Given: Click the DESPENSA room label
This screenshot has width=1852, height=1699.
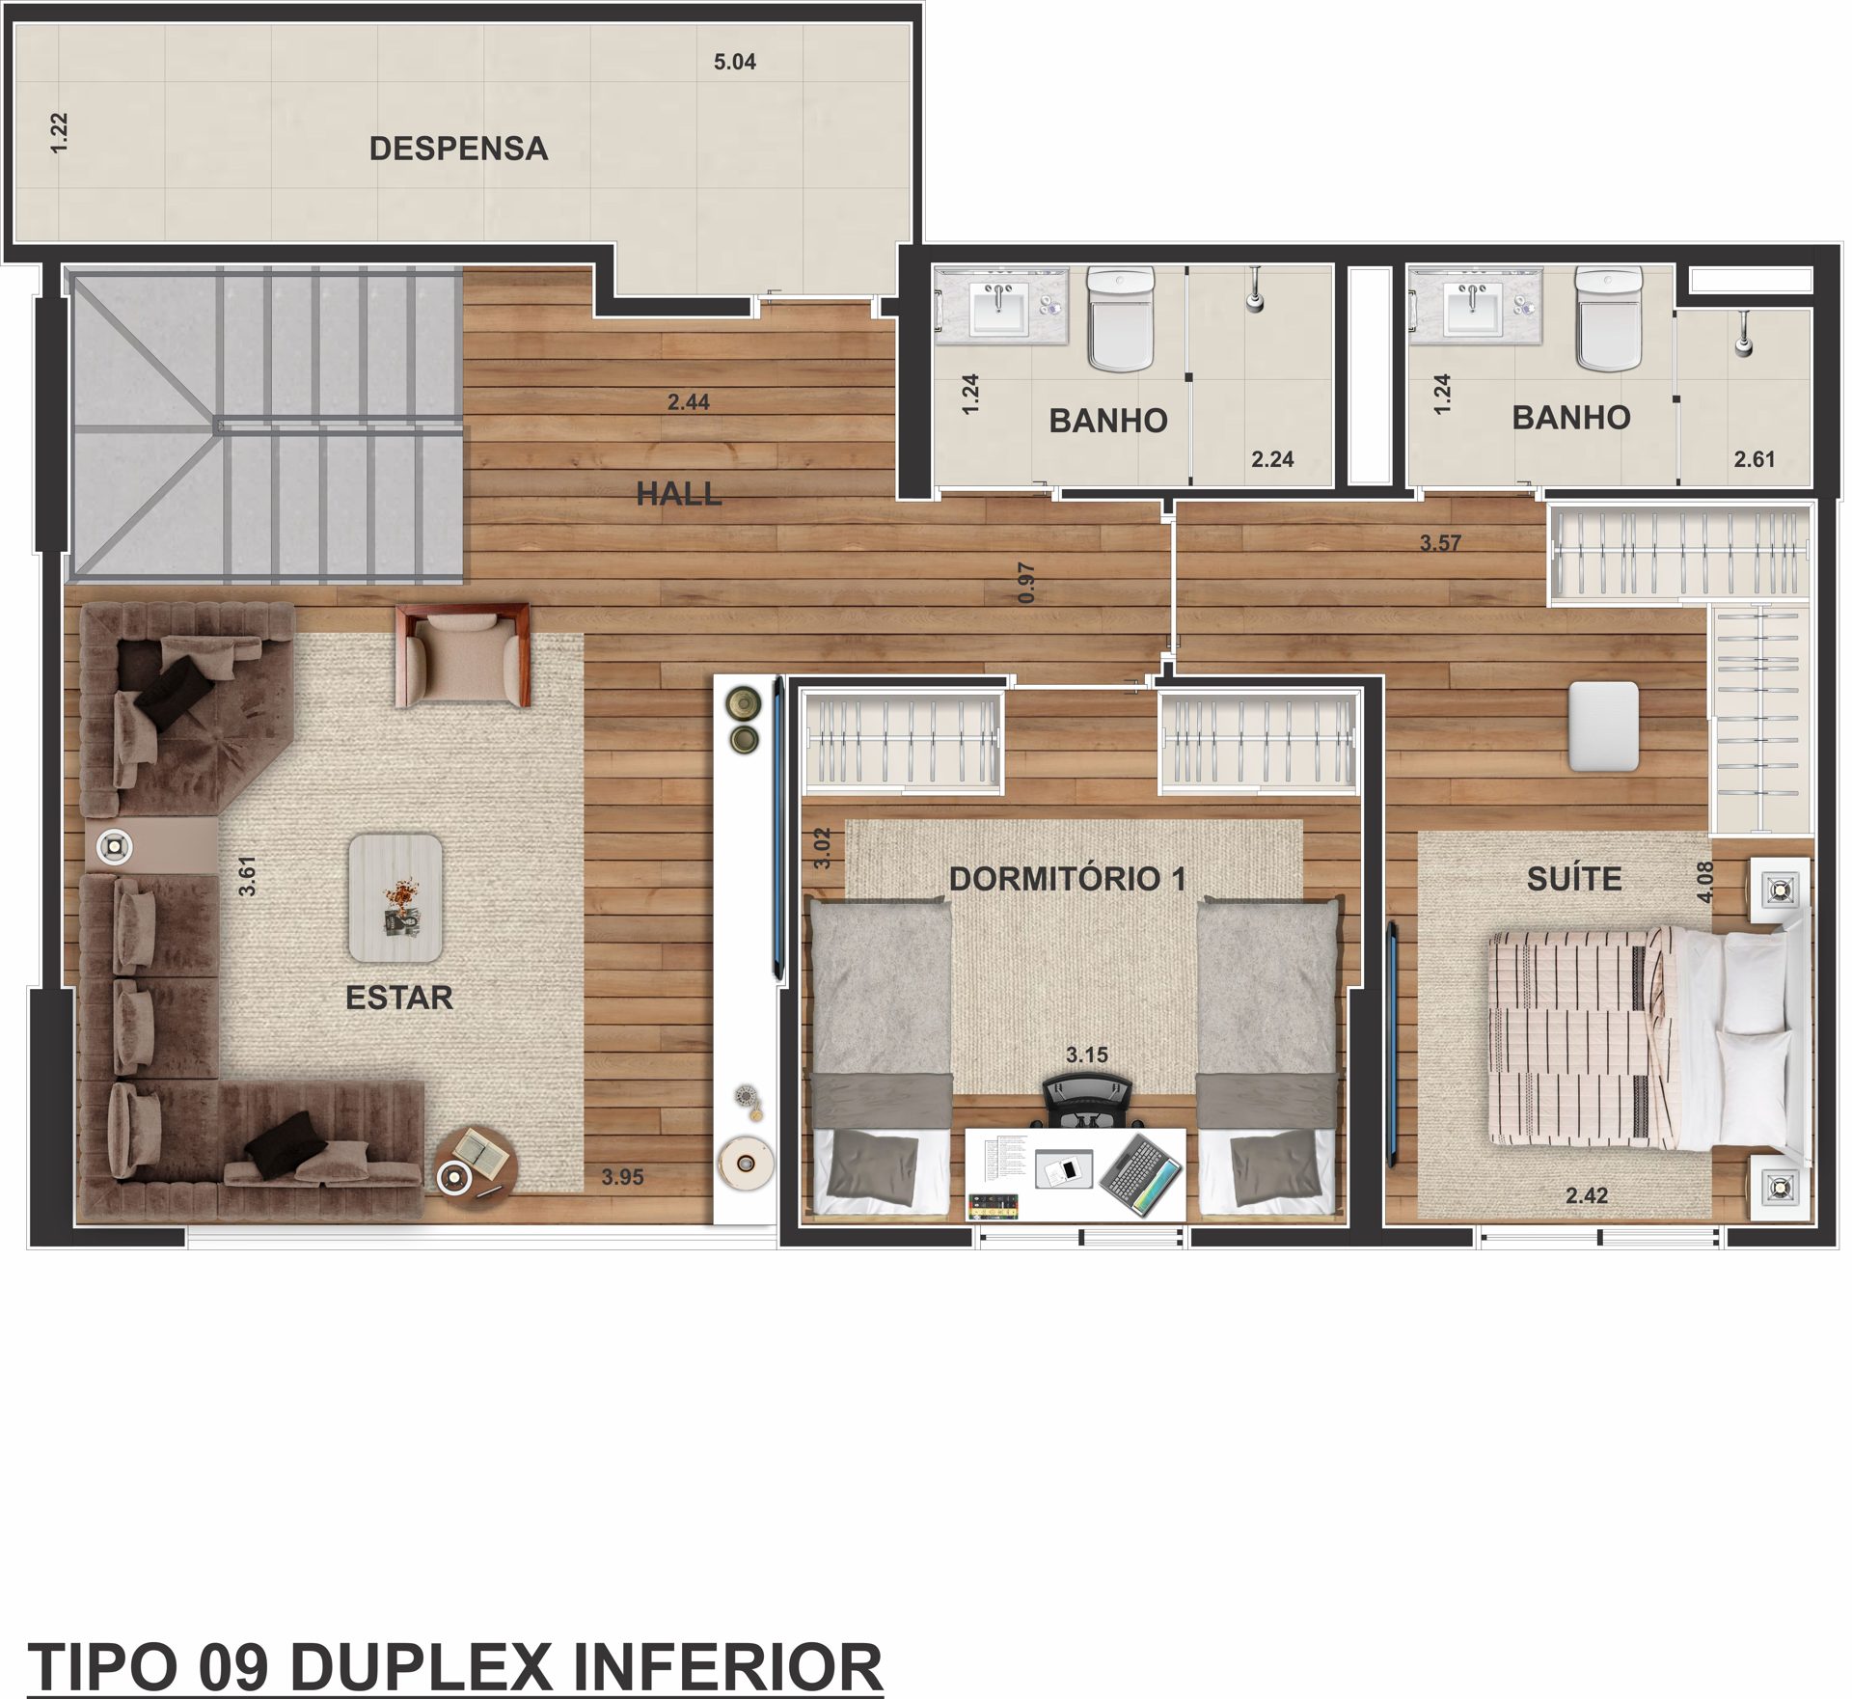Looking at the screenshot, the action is pos(458,149).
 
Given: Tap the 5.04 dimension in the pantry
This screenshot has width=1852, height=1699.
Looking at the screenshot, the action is pos(734,62).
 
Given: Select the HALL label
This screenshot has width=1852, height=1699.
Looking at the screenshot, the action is pos(679,494).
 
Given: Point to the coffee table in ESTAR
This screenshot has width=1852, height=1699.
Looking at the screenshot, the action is pos(395,898).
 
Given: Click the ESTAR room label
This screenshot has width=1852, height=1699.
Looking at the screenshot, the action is pos(399,997).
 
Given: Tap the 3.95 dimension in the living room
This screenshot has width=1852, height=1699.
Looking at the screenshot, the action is pos(622,1177).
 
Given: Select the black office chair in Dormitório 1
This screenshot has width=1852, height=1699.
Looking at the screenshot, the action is pos(1088,1103).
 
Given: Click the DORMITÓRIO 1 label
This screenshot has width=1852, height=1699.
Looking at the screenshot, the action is pos(1067,878).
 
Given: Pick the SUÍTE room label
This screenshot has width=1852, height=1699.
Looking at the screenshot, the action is pos(1574,879).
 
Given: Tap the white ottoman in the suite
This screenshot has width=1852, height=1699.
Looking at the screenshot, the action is pos(1603,726).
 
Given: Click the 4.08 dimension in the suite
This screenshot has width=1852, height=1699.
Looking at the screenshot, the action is pos(1705,882).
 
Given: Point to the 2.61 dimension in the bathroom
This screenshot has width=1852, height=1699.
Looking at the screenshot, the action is pos(1755,459).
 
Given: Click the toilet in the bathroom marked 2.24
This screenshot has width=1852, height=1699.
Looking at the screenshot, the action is pos(1121,318).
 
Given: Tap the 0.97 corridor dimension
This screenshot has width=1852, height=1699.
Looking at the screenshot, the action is pos(1026,584).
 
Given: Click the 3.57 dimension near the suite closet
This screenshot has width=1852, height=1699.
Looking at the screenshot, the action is pos(1440,543).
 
